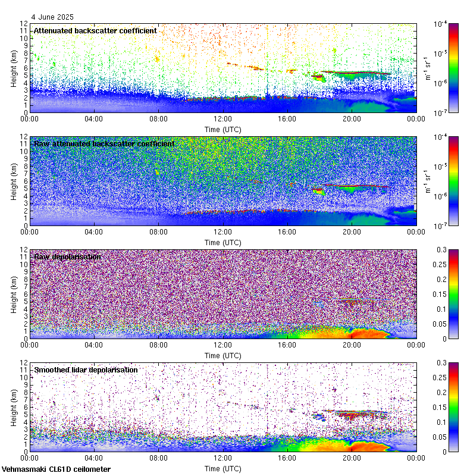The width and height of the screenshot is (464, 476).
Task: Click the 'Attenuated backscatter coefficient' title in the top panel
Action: click(95, 30)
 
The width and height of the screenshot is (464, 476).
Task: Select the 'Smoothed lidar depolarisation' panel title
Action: click(86, 369)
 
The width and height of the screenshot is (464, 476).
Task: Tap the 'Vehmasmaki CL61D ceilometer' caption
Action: click(56, 469)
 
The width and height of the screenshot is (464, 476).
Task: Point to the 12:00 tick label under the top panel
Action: click(222, 119)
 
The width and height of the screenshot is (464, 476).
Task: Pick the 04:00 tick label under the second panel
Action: click(94, 232)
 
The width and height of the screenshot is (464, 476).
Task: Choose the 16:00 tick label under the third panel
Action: click(287, 345)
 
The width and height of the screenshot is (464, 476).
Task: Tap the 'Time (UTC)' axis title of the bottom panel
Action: click(222, 468)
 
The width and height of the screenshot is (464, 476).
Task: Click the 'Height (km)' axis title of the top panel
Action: click(13, 68)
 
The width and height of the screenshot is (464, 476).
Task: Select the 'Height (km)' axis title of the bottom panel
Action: click(13, 407)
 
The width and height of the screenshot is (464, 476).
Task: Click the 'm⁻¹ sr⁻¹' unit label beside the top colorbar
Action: click(427, 68)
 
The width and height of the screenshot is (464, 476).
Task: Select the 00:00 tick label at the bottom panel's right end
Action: click(416, 458)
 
